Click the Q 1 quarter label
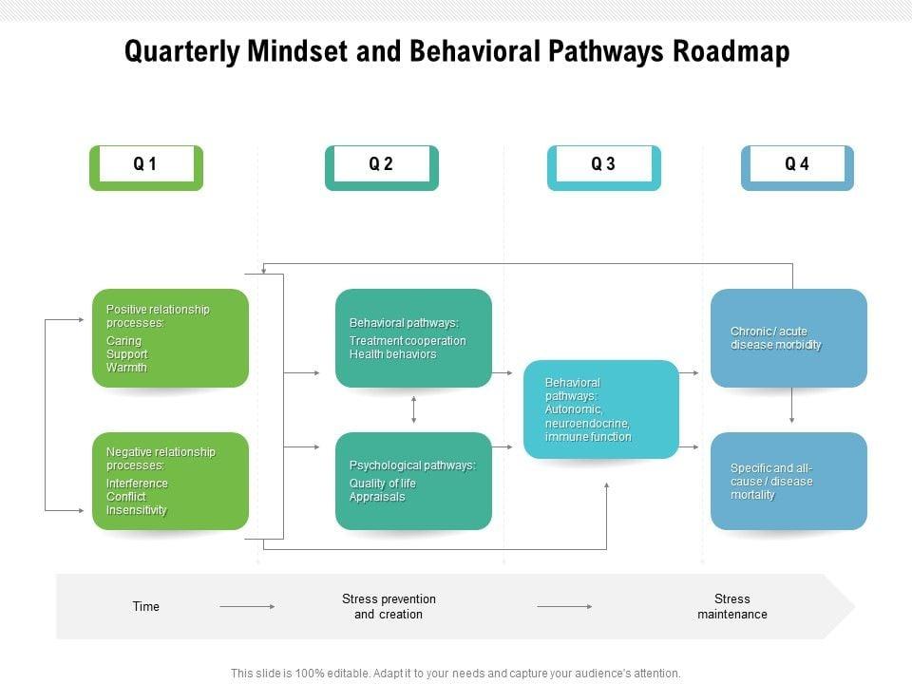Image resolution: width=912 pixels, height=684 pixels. (x=145, y=164)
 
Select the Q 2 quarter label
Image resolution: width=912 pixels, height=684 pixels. (x=381, y=164)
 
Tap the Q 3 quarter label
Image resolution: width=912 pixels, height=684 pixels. (x=603, y=164)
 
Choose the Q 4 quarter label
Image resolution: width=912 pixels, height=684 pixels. (x=797, y=164)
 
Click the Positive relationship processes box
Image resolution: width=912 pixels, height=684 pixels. (x=170, y=338)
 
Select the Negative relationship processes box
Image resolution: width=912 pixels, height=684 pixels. (x=170, y=481)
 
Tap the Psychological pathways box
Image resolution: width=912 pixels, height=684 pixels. (x=413, y=481)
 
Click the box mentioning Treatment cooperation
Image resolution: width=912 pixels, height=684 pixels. (x=413, y=338)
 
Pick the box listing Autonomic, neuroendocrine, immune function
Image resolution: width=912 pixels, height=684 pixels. (x=601, y=409)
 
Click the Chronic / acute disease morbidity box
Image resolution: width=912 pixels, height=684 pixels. (x=788, y=338)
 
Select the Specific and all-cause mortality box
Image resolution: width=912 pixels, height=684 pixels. (x=788, y=481)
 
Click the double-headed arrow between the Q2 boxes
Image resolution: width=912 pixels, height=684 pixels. (x=413, y=409)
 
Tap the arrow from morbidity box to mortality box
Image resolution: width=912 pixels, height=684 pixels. (x=791, y=408)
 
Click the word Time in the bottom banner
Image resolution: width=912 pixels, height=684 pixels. (x=146, y=606)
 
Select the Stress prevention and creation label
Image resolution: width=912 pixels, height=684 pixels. (x=389, y=606)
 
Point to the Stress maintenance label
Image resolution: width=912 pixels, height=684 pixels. (x=731, y=606)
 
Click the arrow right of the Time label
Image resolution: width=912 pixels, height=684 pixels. (x=247, y=606)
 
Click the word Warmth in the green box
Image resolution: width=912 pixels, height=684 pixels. (x=126, y=368)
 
